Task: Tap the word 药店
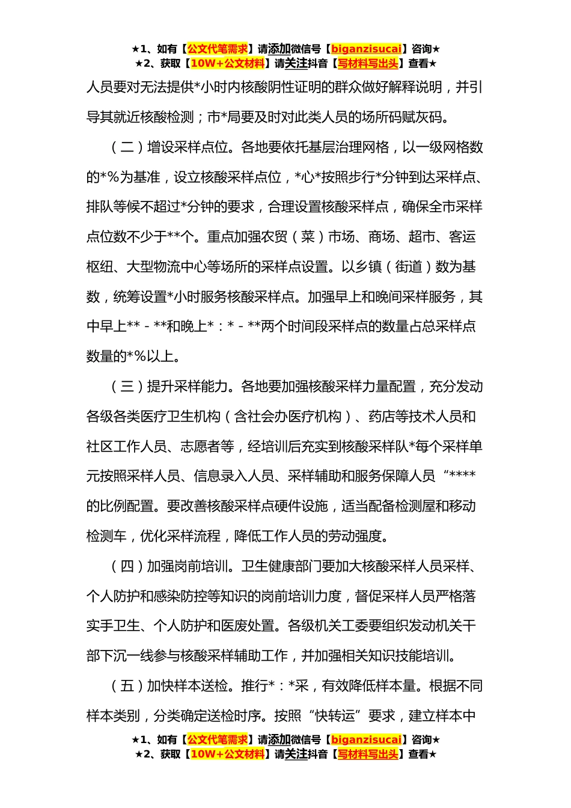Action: (x=381, y=417)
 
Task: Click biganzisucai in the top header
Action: (x=366, y=49)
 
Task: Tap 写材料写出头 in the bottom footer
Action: (x=368, y=754)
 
